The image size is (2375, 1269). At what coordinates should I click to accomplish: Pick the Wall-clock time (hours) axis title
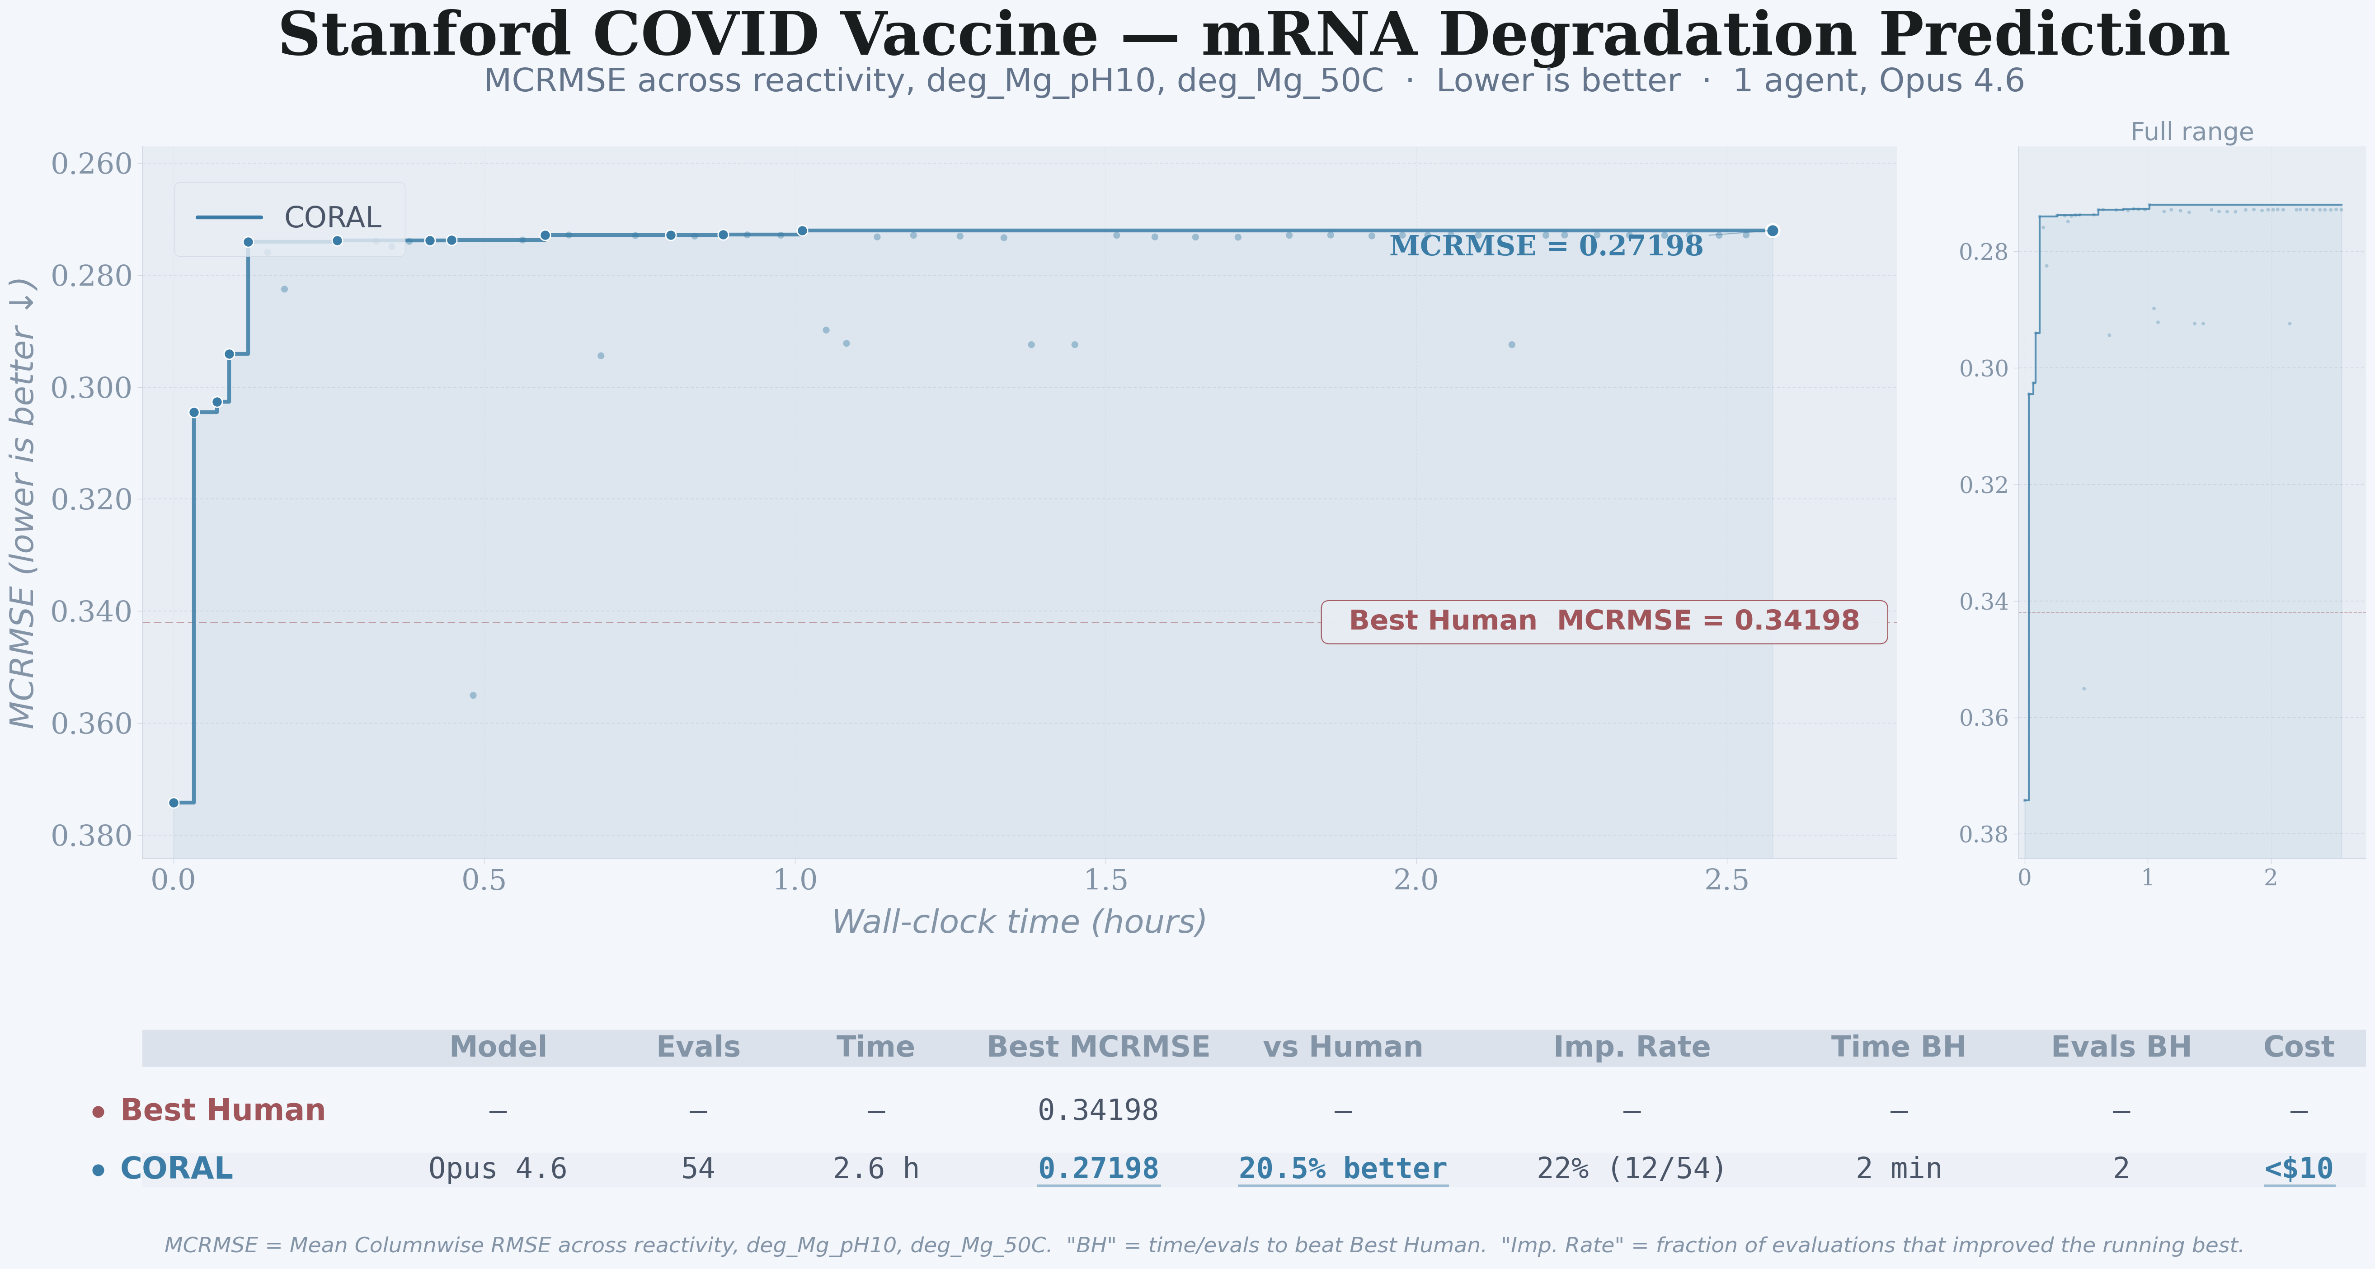point(1019,922)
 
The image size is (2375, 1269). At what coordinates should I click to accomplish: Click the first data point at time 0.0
point(174,802)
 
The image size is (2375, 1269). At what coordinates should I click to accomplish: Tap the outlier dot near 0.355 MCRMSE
point(473,696)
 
